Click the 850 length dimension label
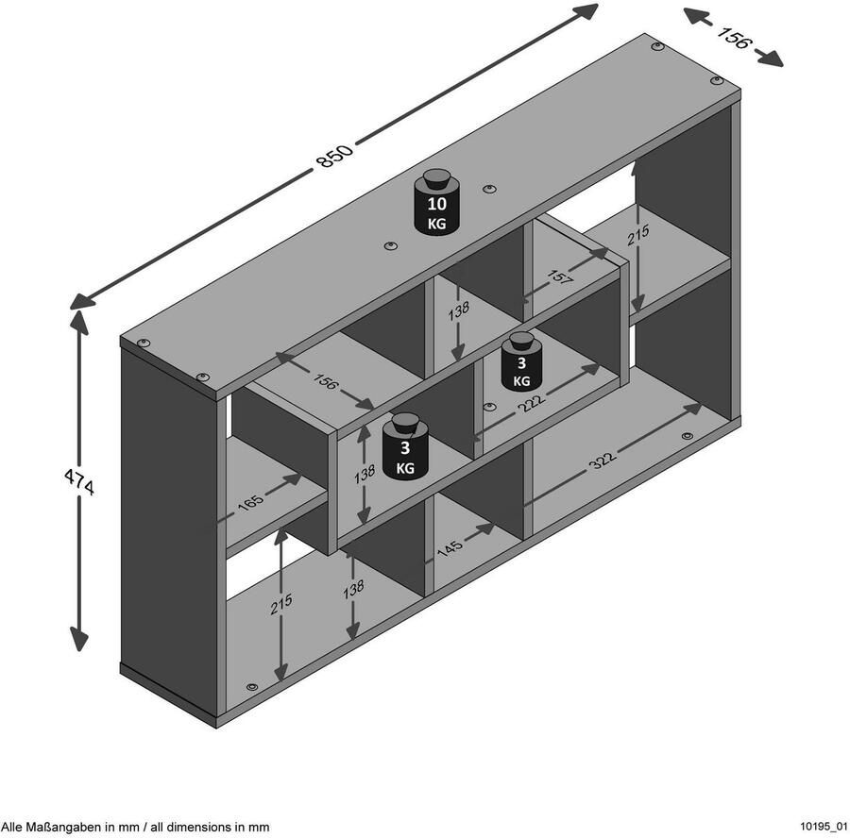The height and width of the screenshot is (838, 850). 335,156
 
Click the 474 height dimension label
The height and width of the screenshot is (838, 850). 79,482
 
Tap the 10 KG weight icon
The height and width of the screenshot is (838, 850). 437,202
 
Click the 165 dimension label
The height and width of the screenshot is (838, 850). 250,502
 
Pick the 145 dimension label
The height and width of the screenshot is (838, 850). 450,547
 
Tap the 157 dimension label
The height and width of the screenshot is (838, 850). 560,277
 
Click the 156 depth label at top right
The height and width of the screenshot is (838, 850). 735,37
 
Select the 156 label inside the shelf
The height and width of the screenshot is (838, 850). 325,381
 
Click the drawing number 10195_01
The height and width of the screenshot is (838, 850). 823,827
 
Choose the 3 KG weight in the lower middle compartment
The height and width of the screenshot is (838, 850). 405,446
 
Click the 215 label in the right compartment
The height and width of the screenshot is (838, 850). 638,235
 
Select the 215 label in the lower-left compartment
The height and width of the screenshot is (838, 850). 281,604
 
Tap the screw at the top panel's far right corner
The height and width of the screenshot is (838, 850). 717,81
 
